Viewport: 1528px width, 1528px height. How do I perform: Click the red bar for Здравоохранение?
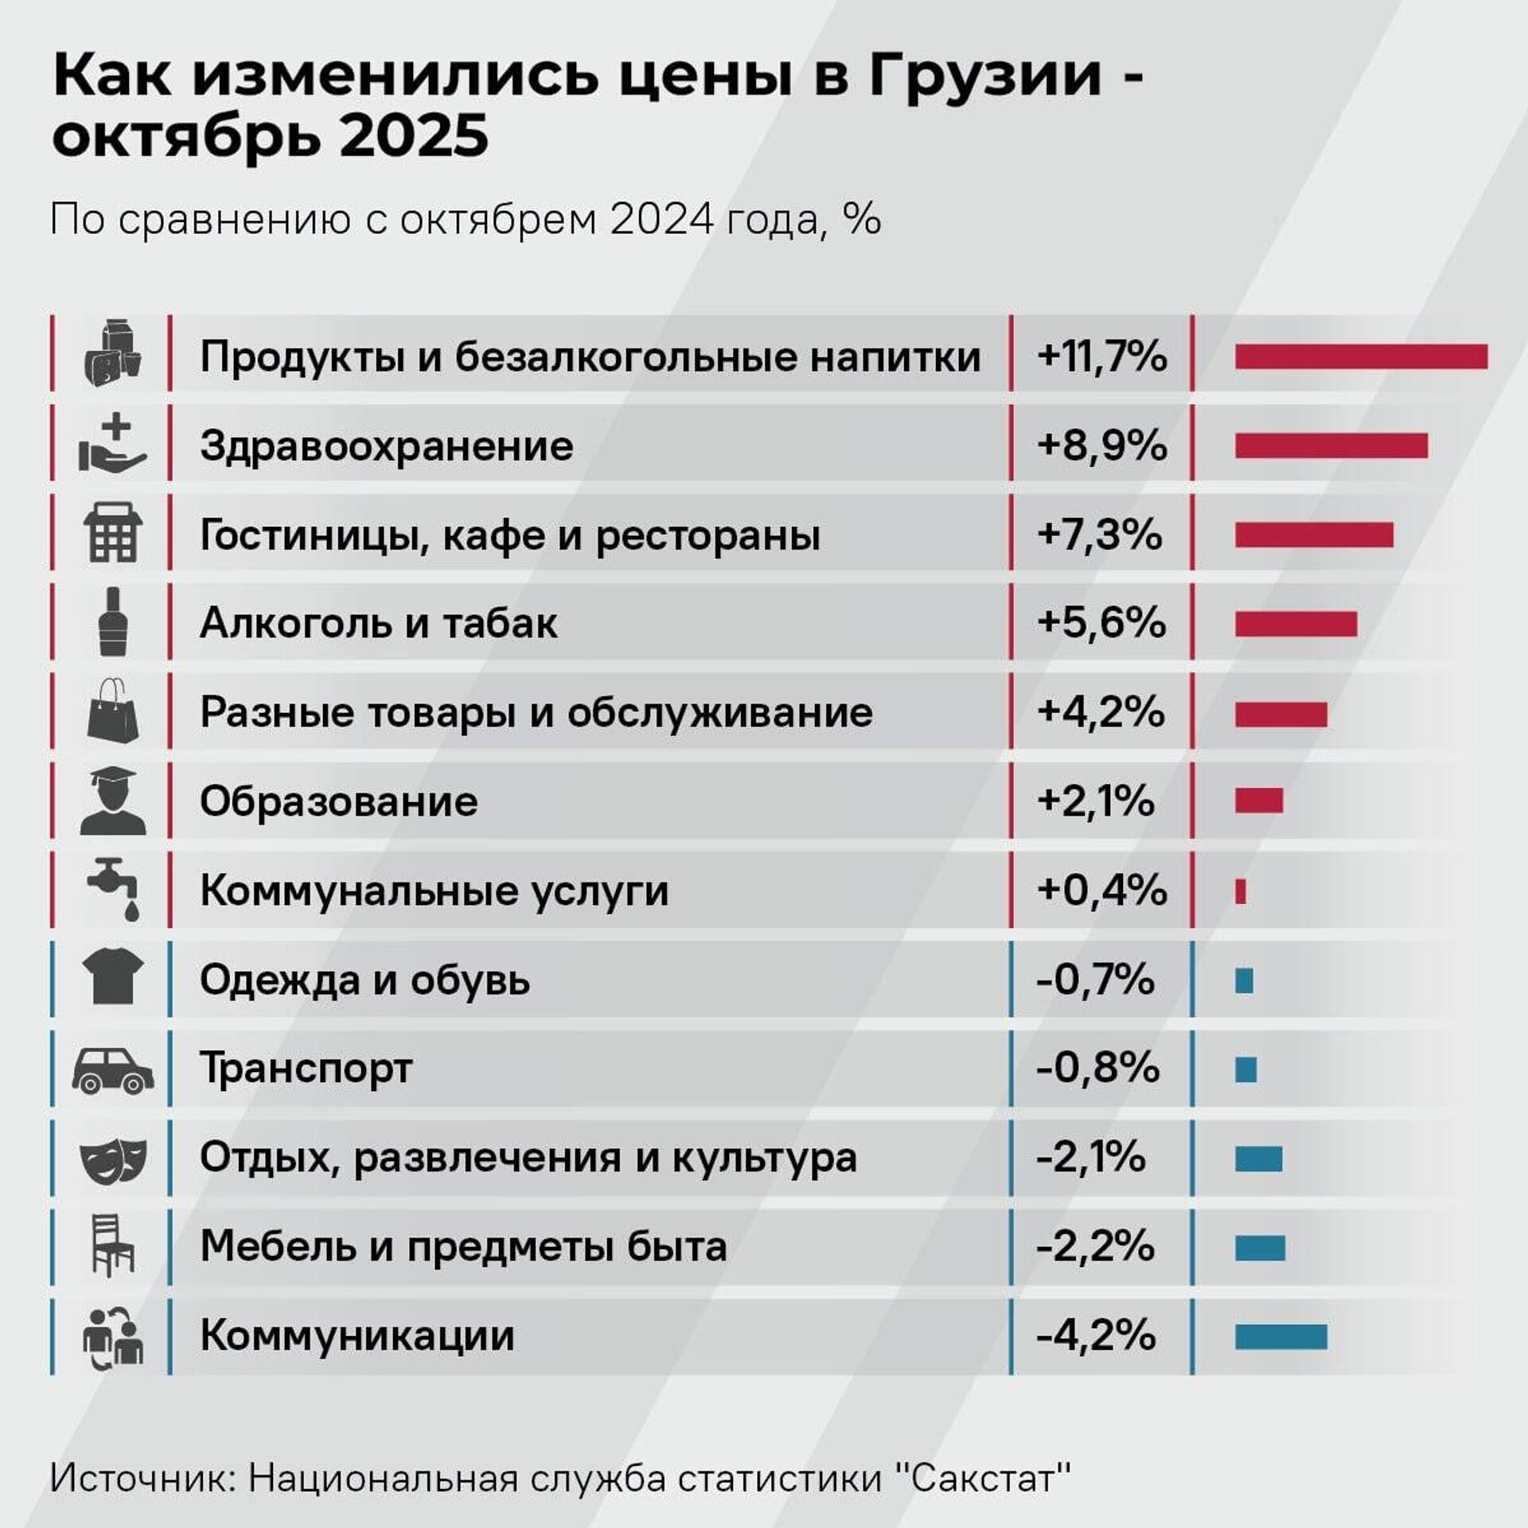(x=1331, y=446)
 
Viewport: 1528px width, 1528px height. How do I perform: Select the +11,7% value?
(x=1101, y=357)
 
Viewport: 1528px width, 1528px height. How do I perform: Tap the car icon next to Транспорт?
(x=113, y=1069)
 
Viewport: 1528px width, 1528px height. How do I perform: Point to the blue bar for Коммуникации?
(x=1280, y=1337)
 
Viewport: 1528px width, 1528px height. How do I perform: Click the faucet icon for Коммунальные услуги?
(x=114, y=890)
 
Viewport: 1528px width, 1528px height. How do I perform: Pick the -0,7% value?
(x=1095, y=980)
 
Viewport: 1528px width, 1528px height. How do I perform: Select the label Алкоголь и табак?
(x=378, y=623)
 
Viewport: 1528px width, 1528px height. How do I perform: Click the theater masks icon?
(x=113, y=1159)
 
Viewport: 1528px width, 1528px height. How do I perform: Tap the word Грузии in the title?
(x=985, y=78)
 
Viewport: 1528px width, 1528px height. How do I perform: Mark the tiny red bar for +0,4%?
(x=1240, y=891)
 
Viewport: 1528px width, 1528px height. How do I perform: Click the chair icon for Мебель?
(x=112, y=1246)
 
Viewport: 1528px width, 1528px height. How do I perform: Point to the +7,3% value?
(x=1099, y=535)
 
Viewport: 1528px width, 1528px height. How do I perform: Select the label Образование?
(x=338, y=801)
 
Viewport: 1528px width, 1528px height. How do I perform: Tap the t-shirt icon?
(x=113, y=979)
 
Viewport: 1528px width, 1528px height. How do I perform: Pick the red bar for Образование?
(x=1258, y=801)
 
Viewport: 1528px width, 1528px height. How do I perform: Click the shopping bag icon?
(x=112, y=711)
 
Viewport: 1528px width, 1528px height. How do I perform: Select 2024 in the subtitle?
(x=662, y=220)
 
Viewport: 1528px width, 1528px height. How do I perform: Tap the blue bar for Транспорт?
(x=1245, y=1070)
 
